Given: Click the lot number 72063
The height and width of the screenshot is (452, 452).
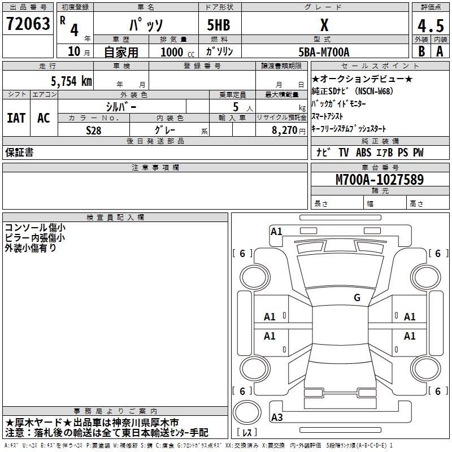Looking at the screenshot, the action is click(x=28, y=24).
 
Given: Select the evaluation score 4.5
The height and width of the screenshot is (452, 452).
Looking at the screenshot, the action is click(x=430, y=25).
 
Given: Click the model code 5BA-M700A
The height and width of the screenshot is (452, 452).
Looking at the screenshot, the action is click(x=324, y=52).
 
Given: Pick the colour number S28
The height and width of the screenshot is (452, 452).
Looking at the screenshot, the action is click(x=93, y=129).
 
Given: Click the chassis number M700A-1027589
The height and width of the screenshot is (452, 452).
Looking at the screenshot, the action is click(x=380, y=180).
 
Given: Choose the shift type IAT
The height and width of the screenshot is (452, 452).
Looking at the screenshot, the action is click(x=16, y=118).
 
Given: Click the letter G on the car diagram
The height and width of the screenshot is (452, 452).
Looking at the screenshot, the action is click(x=357, y=297).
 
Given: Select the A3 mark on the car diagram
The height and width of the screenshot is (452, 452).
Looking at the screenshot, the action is click(x=277, y=418).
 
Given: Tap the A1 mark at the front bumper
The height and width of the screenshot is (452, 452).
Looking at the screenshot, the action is click(x=276, y=231).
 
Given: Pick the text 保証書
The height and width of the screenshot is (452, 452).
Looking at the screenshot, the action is click(x=20, y=153).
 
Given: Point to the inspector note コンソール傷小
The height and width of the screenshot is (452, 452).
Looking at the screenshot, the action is click(x=34, y=228).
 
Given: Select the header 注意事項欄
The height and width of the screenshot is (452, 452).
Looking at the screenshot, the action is click(x=155, y=168).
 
